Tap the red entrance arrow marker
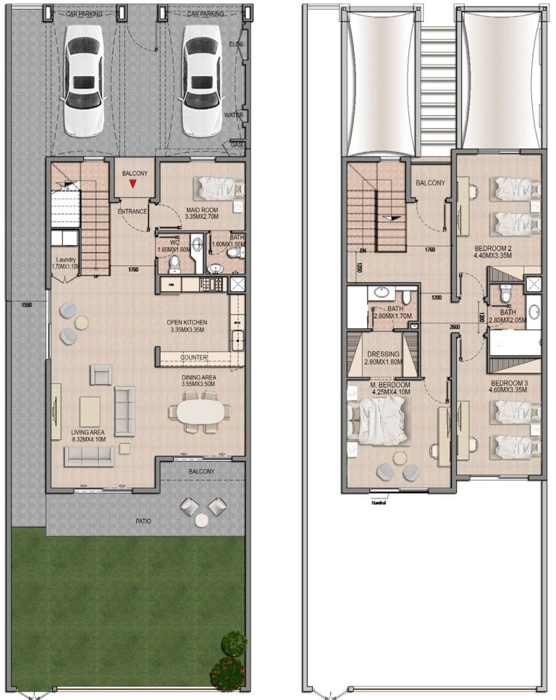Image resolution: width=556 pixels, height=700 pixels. [x=133, y=184]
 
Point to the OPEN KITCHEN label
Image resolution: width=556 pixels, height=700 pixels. [x=187, y=322]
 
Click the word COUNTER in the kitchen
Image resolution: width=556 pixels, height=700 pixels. [x=194, y=358]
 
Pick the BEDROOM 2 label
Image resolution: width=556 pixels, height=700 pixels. [x=492, y=247]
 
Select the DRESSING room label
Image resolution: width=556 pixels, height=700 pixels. [x=382, y=354]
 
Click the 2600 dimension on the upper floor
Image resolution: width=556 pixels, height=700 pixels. [x=453, y=327]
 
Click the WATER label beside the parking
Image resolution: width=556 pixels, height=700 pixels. [x=234, y=114]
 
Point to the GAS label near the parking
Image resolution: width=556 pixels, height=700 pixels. [x=235, y=145]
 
